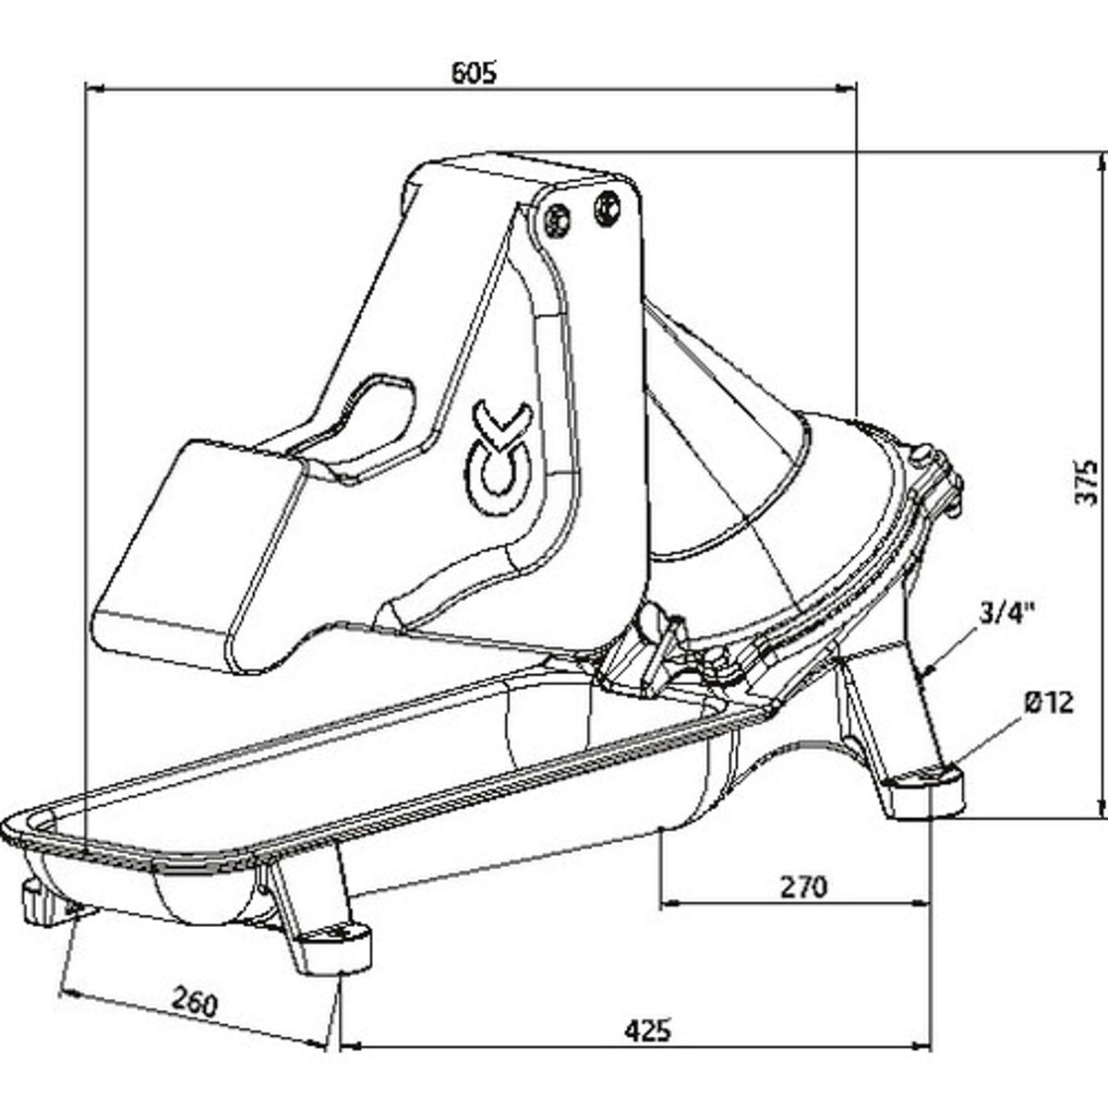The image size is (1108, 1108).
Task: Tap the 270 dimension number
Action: [x=802, y=886]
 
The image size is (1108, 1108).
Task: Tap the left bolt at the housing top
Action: [x=556, y=217]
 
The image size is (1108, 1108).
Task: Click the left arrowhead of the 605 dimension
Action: [x=92, y=89]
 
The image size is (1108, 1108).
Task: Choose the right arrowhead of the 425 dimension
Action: [x=921, y=1046]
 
